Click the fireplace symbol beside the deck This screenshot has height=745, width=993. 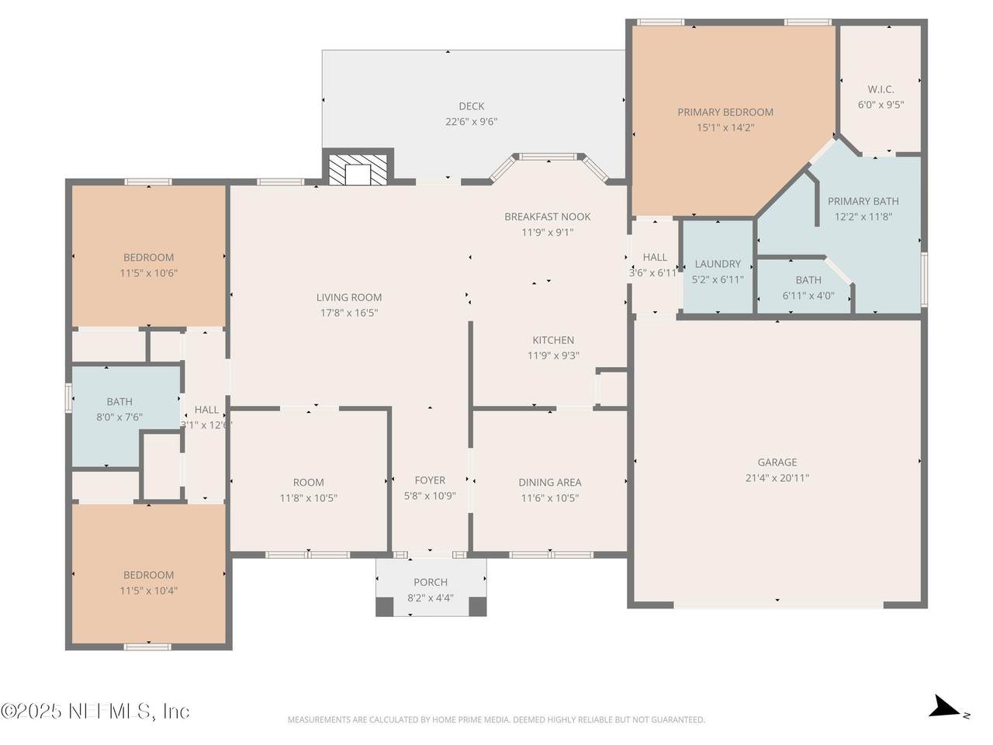pyautogui.click(x=358, y=170)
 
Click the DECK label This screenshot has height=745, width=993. pyautogui.click(x=472, y=106)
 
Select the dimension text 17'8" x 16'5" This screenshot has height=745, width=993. pyautogui.click(x=349, y=313)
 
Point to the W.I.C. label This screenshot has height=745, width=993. pyautogui.click(x=881, y=89)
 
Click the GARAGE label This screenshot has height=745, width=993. pyautogui.click(x=777, y=462)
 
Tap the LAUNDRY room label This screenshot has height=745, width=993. pyautogui.click(x=718, y=264)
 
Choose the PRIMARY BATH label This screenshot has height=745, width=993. pyautogui.click(x=863, y=201)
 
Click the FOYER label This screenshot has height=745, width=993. pyautogui.click(x=430, y=480)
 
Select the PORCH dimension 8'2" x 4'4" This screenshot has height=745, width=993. pyautogui.click(x=431, y=598)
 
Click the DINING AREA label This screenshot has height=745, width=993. pyautogui.click(x=550, y=482)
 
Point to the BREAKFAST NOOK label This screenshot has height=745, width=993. pyautogui.click(x=548, y=217)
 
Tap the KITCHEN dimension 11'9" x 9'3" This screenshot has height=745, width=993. pyautogui.click(x=553, y=355)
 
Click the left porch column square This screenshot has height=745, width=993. pyautogui.click(x=385, y=607)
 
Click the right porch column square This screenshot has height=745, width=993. pyautogui.click(x=477, y=607)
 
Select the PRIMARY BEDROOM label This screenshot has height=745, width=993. pyautogui.click(x=725, y=112)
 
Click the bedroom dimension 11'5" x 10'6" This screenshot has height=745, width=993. pyautogui.click(x=148, y=272)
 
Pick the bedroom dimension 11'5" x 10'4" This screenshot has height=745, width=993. pyautogui.click(x=148, y=591)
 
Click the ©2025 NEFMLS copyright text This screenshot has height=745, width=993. pyautogui.click(x=95, y=711)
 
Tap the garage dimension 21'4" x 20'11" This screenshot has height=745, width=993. pyautogui.click(x=777, y=477)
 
